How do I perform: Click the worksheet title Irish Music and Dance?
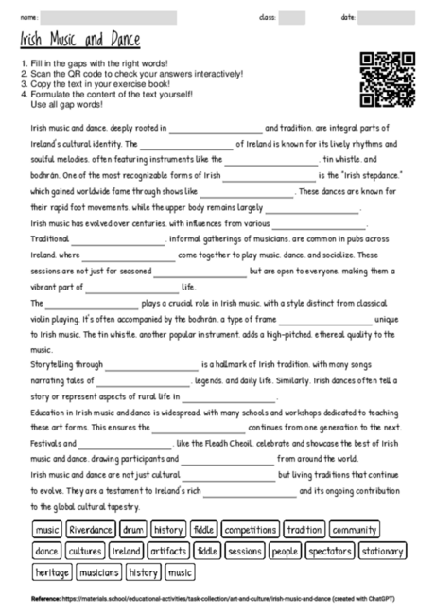click(79, 40)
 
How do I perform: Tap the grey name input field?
click(109, 17)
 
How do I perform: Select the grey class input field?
click(292, 17)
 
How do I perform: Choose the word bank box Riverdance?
click(91, 530)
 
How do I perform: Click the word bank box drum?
click(133, 530)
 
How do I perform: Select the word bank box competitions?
click(251, 530)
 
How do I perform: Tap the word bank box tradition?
click(304, 530)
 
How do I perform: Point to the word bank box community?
click(356, 530)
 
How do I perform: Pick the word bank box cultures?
click(85, 551)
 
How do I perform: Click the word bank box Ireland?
click(126, 551)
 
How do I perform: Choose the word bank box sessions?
click(245, 551)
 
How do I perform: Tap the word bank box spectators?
click(330, 551)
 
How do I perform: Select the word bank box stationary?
click(383, 551)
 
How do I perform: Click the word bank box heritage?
click(52, 571)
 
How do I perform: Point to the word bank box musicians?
click(99, 571)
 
